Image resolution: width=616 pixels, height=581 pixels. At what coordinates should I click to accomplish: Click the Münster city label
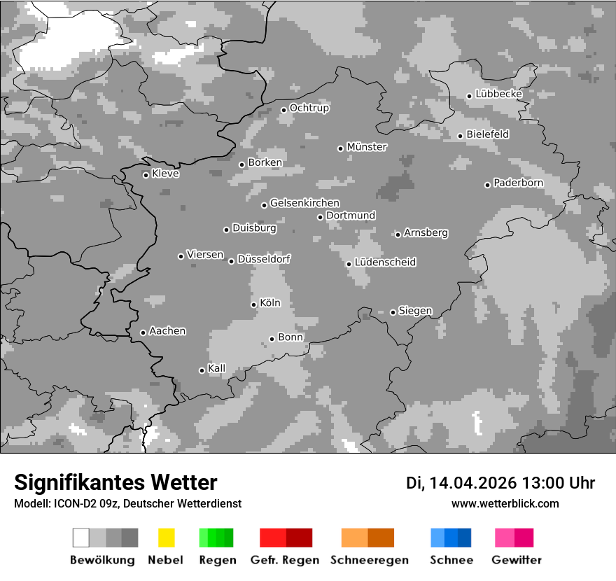click(367, 147)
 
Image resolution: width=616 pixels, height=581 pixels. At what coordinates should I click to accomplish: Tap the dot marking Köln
click(253, 304)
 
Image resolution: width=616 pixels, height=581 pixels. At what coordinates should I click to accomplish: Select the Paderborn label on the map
click(518, 183)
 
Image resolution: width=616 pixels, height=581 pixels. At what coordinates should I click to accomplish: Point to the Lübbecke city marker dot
click(469, 96)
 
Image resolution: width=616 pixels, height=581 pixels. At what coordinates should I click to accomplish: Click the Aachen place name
click(167, 331)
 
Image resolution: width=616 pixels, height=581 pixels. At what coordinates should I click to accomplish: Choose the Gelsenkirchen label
click(304, 204)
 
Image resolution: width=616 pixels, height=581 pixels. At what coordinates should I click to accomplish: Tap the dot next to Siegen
click(393, 312)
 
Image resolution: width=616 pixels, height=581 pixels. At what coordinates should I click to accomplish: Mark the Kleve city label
click(165, 174)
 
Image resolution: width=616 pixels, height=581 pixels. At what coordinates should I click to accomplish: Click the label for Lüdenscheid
click(385, 262)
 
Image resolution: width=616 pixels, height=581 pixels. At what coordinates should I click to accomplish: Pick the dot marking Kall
click(202, 370)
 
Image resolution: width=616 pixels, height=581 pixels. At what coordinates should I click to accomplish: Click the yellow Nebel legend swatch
click(166, 538)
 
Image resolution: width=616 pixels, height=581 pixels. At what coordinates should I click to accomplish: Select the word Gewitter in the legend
click(517, 560)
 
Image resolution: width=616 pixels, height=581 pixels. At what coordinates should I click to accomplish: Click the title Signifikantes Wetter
click(115, 482)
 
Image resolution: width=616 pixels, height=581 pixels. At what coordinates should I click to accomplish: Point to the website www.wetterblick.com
click(505, 503)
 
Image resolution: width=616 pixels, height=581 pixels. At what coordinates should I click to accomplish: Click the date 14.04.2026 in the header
click(473, 483)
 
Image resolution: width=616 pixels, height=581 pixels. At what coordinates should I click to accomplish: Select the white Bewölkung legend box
click(81, 538)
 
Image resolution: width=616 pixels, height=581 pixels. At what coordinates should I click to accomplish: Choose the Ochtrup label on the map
click(309, 108)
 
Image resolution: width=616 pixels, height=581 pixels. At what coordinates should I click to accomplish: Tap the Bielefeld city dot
click(460, 136)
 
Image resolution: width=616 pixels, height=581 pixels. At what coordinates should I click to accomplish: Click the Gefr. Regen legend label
click(284, 560)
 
